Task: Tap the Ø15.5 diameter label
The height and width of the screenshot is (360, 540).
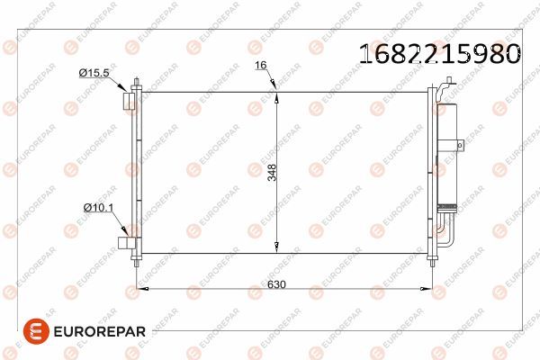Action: pos(94,72)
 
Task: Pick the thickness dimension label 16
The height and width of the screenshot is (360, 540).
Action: pos(261,66)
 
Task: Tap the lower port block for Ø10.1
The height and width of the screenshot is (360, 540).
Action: pos(125,241)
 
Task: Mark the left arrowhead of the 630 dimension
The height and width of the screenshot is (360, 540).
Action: pos(140,289)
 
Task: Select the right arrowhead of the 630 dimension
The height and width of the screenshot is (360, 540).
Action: pos(426,289)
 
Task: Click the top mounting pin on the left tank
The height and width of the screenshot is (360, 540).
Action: pos(136,85)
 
